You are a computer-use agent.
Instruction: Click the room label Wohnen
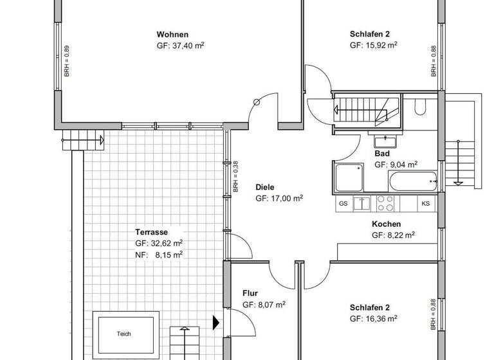[172, 35]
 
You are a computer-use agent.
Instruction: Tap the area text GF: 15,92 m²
[373, 46]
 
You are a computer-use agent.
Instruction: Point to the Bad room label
[382, 154]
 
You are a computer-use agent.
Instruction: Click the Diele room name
[265, 188]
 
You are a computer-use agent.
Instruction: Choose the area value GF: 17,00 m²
[279, 199]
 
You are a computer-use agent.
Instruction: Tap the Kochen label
[386, 224]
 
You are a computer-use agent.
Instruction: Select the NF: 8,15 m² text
[159, 255]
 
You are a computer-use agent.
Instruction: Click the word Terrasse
[151, 232]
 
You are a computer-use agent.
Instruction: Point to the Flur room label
[250, 294]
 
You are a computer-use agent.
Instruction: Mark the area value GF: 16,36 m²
[373, 318]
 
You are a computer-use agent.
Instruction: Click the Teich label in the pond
[123, 334]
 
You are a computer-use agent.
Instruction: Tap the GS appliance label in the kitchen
[343, 204]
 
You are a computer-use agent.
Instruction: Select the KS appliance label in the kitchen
[425, 204]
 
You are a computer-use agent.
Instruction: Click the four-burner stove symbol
[385, 204]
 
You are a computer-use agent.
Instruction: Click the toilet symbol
[420, 107]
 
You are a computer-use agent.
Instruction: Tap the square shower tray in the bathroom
[349, 177]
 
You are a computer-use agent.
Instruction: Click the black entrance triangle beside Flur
[217, 322]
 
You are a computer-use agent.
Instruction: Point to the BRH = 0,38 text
[236, 176]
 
